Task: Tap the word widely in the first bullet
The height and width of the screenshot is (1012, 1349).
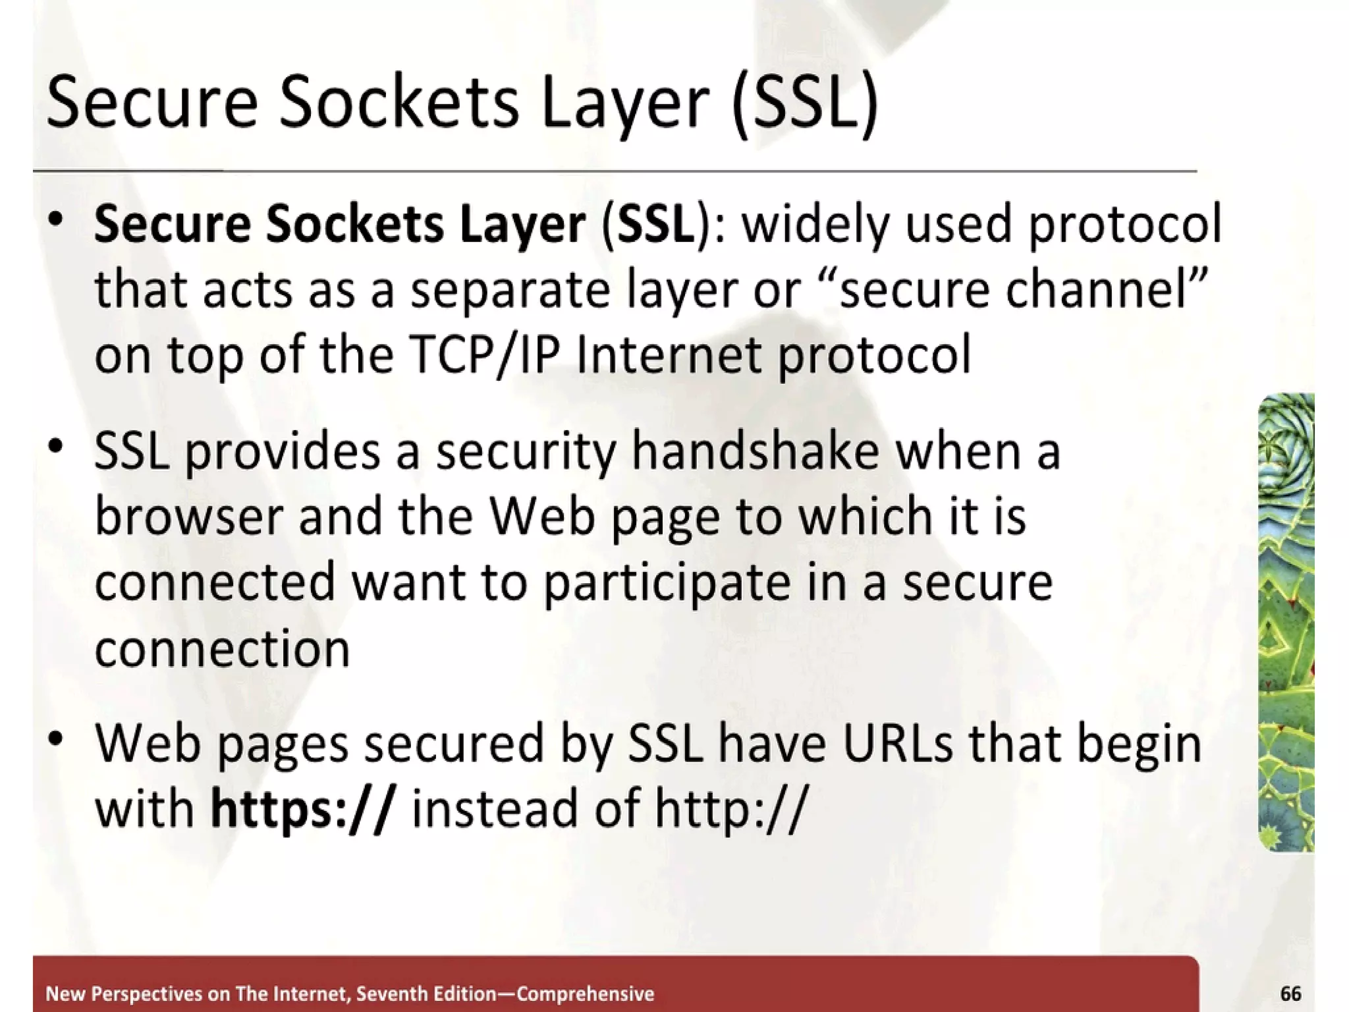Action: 817,225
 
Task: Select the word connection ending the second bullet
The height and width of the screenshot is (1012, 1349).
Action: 222,649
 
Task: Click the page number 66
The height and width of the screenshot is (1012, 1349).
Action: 1290,993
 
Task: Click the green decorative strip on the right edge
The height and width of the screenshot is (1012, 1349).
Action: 1286,623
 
